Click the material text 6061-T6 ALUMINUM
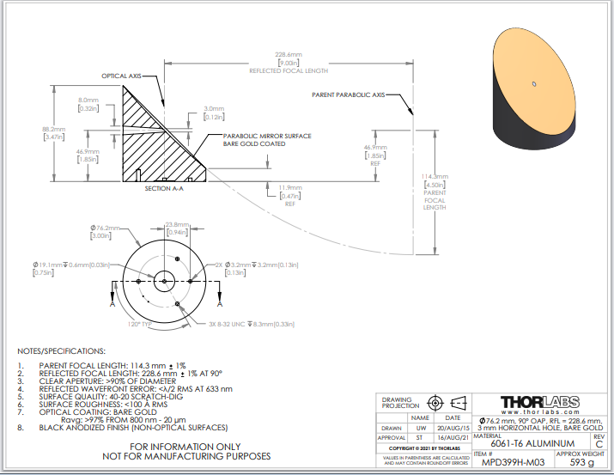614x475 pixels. coord(526,443)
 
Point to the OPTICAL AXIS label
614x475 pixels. coord(121,76)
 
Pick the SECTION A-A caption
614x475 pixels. coord(164,188)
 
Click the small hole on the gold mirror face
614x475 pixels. coord(534,84)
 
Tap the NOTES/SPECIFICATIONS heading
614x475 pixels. coord(63,351)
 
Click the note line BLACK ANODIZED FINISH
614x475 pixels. coord(133,427)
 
